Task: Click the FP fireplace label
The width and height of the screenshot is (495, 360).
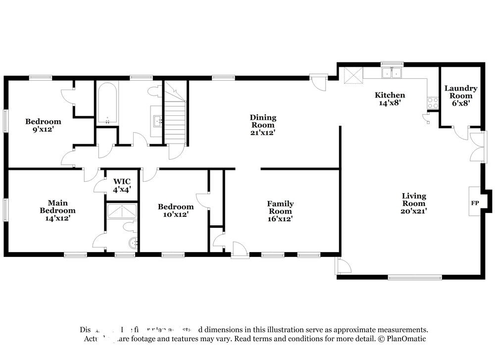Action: (x=474, y=204)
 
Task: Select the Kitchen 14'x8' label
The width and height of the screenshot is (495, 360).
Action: (x=390, y=99)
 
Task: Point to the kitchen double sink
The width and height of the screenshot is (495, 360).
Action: (x=392, y=73)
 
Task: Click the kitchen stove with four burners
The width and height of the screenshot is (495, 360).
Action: (x=433, y=103)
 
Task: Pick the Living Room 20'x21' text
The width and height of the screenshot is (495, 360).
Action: (x=413, y=203)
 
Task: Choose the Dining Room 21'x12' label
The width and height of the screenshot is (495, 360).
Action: (x=262, y=125)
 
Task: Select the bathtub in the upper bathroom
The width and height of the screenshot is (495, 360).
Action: (x=107, y=103)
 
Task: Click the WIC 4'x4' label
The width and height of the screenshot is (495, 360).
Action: (x=122, y=185)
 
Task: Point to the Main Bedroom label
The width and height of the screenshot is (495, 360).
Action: (x=57, y=210)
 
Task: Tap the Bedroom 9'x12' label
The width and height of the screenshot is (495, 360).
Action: (x=43, y=125)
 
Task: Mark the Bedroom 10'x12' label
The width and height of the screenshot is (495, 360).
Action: (x=175, y=210)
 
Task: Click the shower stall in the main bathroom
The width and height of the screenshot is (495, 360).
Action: (x=122, y=211)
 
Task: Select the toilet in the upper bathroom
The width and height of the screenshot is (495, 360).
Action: (x=154, y=92)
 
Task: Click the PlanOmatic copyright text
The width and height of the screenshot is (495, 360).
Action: (x=401, y=339)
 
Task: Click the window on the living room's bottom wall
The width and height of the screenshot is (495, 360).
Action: (x=415, y=278)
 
